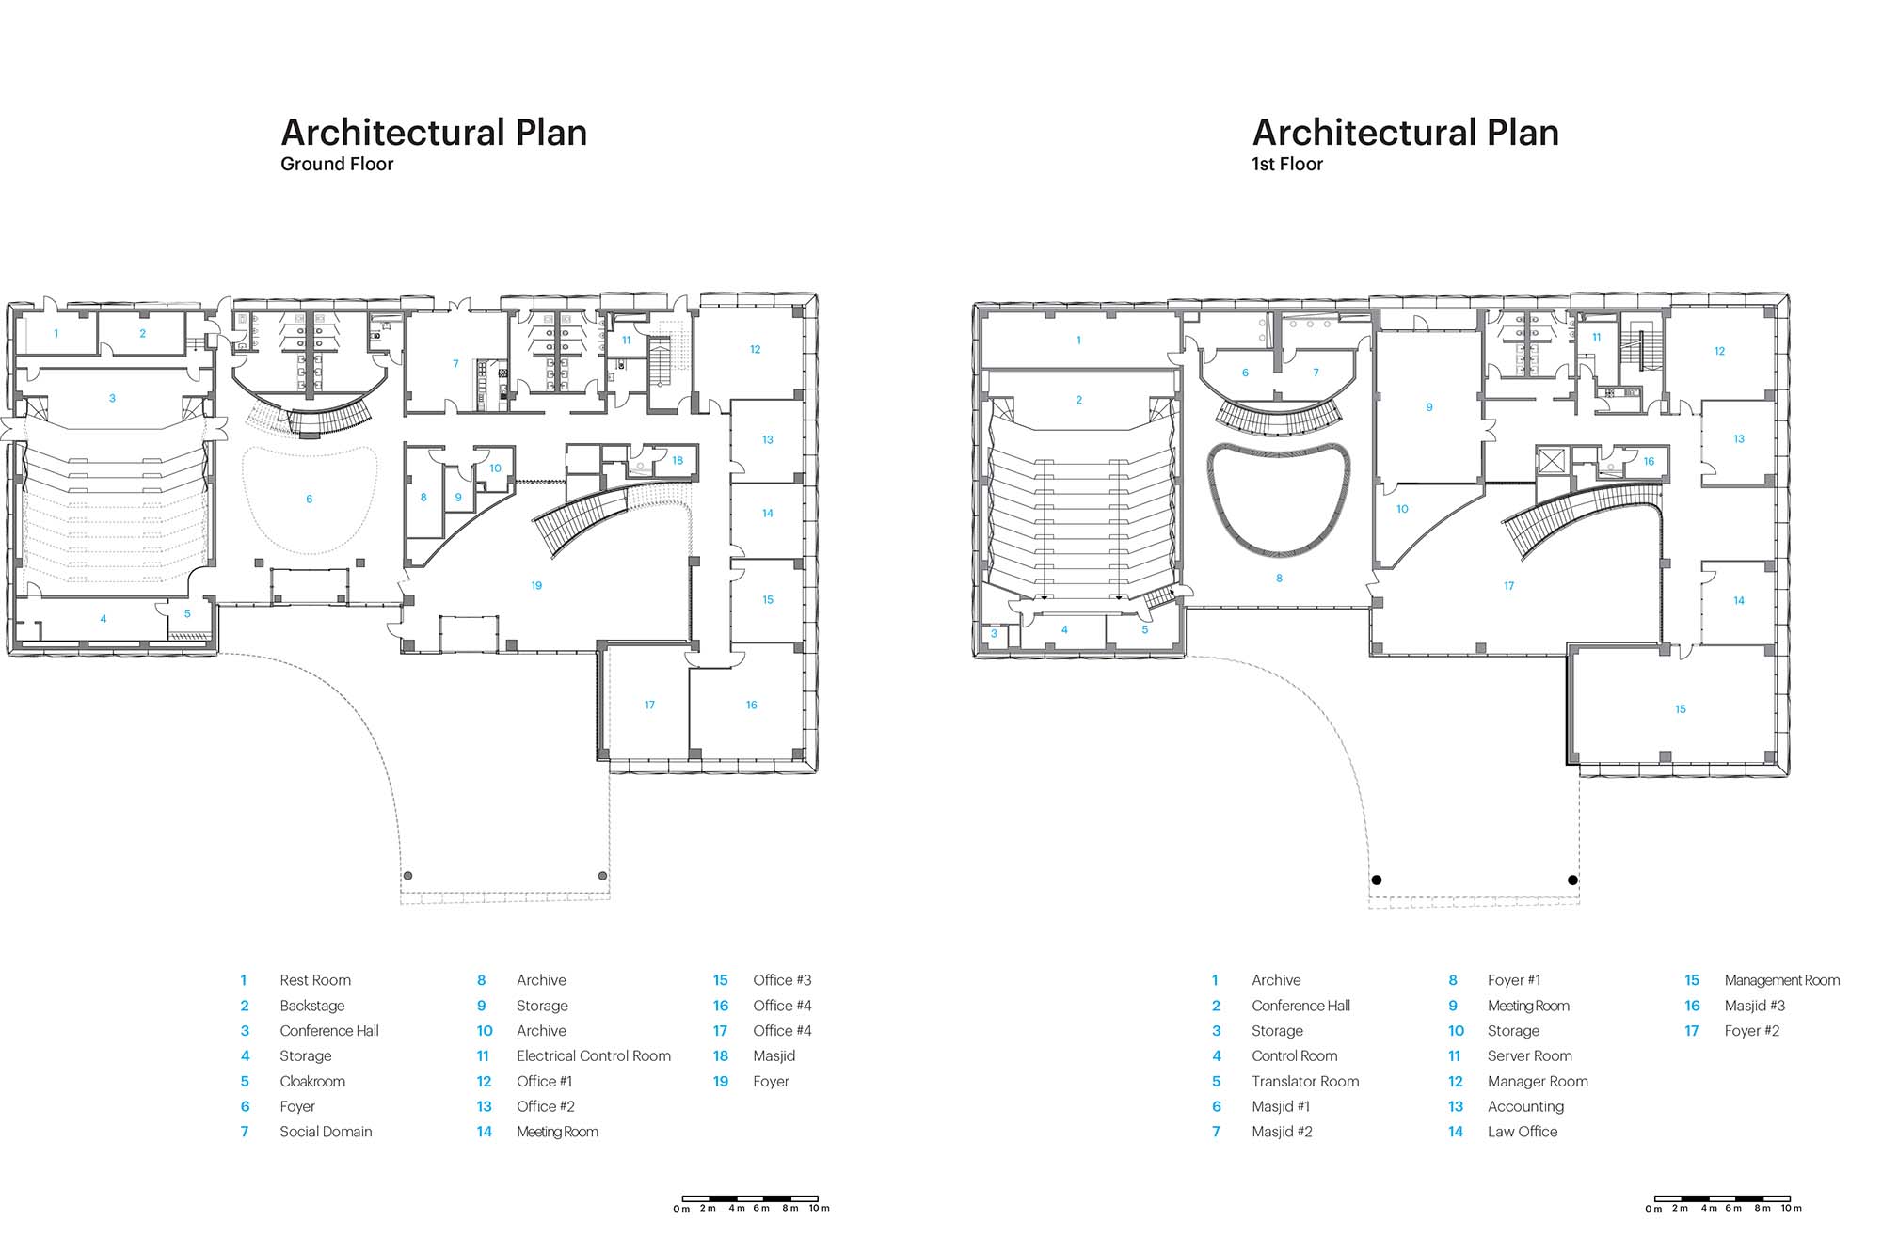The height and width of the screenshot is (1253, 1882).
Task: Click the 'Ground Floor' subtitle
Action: tap(337, 164)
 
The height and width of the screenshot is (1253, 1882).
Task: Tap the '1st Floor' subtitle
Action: tap(1287, 164)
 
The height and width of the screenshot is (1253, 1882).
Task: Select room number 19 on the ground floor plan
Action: tap(536, 585)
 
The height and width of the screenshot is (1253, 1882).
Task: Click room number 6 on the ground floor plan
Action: tap(309, 499)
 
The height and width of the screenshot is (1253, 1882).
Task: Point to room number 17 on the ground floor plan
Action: tap(649, 705)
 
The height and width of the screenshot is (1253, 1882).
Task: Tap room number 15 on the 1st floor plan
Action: tap(1681, 709)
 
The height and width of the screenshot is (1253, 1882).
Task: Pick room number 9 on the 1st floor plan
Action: tap(1429, 407)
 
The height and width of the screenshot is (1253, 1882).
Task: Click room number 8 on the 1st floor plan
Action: tap(1279, 579)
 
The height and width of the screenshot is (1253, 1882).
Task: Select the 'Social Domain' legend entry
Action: tap(326, 1132)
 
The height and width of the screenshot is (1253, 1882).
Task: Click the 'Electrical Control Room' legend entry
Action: tap(594, 1055)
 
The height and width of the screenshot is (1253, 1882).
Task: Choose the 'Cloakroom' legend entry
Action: tap(312, 1081)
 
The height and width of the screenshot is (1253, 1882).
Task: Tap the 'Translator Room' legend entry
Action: tap(1305, 1081)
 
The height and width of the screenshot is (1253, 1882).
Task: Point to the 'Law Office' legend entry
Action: tap(1523, 1132)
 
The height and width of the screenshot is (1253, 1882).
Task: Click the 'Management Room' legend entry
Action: tap(1782, 980)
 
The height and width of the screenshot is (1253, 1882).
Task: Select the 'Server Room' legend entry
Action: tap(1530, 1055)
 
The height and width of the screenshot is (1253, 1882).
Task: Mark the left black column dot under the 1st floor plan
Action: tap(1377, 880)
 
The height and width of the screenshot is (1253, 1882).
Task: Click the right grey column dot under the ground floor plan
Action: tap(602, 876)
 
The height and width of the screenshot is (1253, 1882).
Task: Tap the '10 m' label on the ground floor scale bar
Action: tap(819, 1209)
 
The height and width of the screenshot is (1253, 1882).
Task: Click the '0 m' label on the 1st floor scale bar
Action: tap(1653, 1209)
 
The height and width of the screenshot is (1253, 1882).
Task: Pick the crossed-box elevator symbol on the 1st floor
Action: tap(1549, 461)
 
